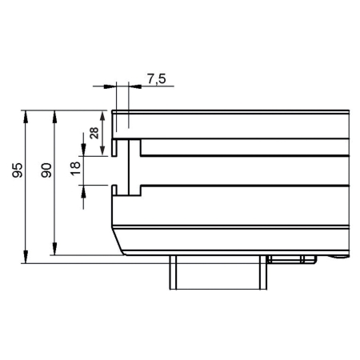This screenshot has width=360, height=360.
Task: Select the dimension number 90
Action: pos(46,170)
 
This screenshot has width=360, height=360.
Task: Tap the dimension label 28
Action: pos(94,133)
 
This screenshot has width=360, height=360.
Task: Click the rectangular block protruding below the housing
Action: pos(217,272)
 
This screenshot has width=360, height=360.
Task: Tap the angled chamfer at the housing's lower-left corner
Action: pos(117,240)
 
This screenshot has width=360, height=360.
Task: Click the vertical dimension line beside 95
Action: pos(27,208)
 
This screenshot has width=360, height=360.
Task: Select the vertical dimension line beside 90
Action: pos(54,208)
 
